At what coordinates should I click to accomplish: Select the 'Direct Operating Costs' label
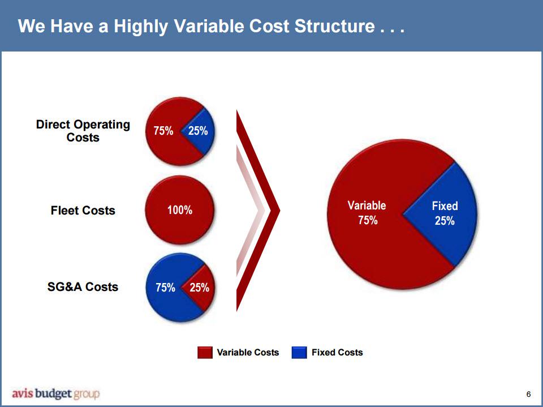83,131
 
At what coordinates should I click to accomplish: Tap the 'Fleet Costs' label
83,211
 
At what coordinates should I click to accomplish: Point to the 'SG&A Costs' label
83,287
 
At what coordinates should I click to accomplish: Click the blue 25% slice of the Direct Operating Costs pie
201,131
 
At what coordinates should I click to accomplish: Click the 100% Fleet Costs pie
180,210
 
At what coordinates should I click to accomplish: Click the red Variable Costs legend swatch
205,352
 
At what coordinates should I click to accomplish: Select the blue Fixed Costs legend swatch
299,352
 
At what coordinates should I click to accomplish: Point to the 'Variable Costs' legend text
248,352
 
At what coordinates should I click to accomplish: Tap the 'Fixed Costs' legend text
337,352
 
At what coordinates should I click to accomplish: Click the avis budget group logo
56,394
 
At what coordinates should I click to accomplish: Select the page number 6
528,394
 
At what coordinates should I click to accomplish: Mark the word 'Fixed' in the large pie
445,206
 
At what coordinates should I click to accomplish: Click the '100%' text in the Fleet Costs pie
180,210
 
